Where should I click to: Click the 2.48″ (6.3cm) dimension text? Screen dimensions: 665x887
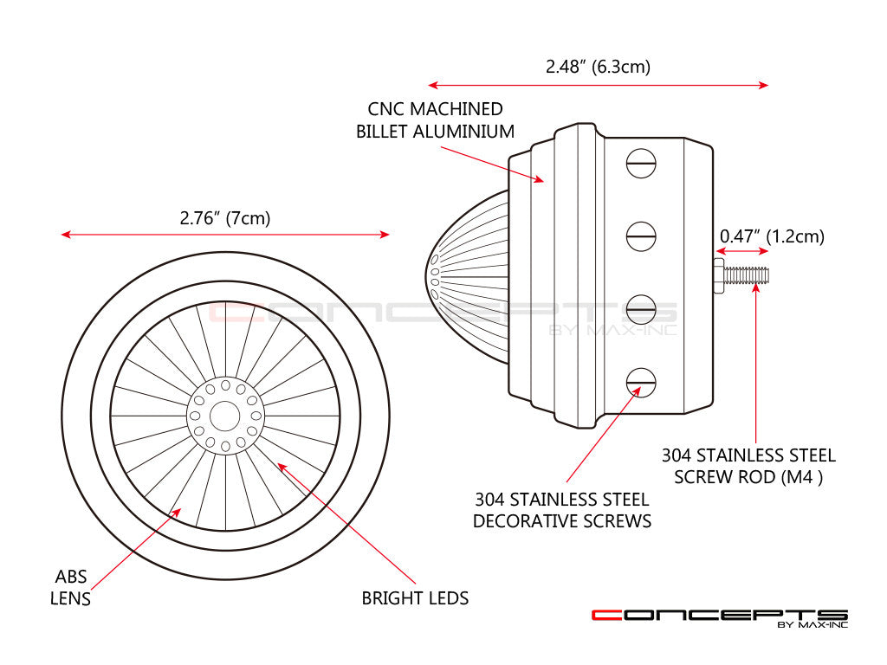coord(598,67)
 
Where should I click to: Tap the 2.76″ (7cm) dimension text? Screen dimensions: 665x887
coord(225,218)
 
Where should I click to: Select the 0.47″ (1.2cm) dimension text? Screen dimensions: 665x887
coord(772,236)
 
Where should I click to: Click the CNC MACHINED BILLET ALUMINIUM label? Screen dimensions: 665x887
coord(435,120)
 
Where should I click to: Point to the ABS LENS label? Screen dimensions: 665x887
coord(72,587)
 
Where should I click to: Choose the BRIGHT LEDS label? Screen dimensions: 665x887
coord(415,597)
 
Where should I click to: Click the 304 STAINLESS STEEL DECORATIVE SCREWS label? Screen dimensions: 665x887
coord(562,510)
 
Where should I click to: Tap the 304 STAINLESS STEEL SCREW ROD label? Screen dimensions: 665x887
coord(748,466)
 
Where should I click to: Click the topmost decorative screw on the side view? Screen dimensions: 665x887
coord(641,163)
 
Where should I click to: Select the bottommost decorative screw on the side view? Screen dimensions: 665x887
coord(641,381)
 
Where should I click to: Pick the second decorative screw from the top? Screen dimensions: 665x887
coord(641,236)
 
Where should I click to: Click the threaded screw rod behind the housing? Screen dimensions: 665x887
coord(748,275)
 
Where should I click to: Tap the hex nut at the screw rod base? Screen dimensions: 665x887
coord(718,275)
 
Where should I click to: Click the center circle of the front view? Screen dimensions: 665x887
coord(225,416)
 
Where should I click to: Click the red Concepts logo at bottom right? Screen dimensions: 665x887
coord(719,616)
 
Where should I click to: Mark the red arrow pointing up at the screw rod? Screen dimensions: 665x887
coord(756,364)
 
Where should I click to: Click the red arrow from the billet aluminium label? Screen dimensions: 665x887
coord(490,164)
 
